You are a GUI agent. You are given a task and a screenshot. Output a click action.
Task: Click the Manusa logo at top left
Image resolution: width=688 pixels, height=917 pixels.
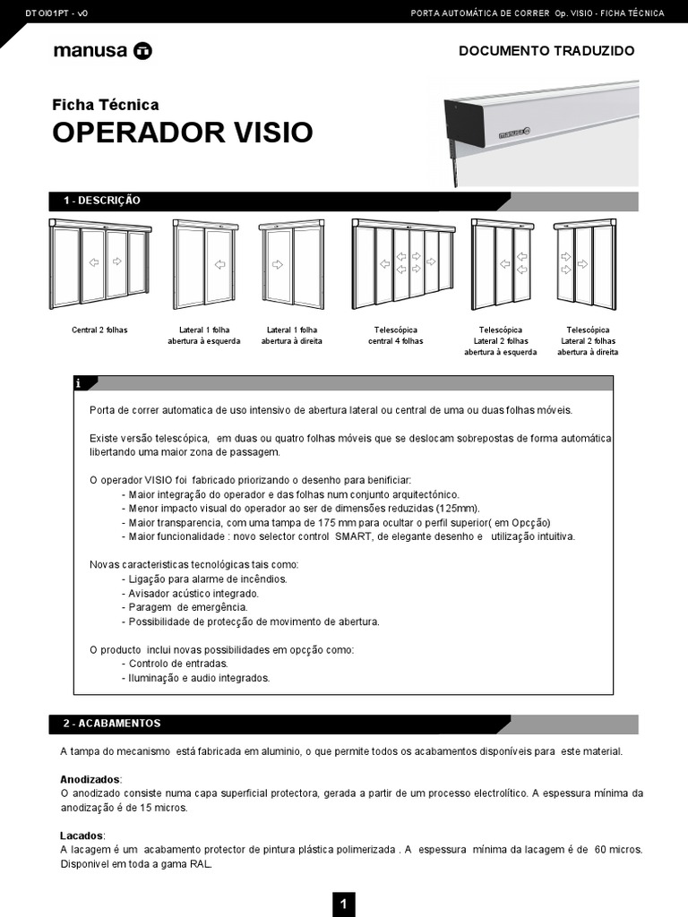(102, 51)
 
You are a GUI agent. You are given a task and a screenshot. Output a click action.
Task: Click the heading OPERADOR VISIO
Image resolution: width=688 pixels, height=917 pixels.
(183, 133)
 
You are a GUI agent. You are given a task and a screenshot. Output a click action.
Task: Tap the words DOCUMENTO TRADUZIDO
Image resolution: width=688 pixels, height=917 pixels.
(546, 51)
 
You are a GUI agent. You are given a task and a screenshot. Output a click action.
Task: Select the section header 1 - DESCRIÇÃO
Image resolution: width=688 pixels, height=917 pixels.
(102, 201)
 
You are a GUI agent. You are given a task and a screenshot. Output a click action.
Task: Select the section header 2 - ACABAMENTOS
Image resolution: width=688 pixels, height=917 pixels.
(112, 723)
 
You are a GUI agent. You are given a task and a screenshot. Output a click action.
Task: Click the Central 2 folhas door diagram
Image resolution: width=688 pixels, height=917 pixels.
(99, 262)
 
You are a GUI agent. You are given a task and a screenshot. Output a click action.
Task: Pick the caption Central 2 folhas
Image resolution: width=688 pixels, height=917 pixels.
(99, 330)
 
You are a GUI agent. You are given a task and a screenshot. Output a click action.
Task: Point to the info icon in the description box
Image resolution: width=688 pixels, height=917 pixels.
(79, 383)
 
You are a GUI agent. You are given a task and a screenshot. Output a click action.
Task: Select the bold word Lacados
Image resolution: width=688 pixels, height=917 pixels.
(82, 836)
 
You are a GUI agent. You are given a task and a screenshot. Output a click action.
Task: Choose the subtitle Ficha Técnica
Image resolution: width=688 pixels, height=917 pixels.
(106, 105)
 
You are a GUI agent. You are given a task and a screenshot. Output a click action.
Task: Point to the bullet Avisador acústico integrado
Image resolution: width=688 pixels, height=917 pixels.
(193, 593)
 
